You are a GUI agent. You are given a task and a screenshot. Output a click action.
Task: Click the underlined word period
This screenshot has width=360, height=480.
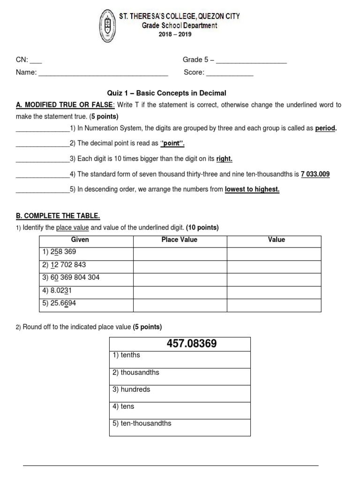click(326, 128)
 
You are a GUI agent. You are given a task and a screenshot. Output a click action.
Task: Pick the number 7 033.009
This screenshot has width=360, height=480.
click(315, 174)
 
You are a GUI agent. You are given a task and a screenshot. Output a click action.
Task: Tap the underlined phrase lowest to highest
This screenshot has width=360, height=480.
click(252, 189)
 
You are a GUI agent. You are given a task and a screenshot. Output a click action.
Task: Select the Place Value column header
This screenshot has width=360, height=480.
click(180, 240)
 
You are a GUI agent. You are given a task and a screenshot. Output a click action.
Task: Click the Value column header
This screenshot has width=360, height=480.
click(276, 240)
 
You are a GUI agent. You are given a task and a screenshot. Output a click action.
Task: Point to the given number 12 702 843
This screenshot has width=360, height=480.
click(64, 265)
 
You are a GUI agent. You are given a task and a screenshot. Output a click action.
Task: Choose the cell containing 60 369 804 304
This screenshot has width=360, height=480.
click(71, 277)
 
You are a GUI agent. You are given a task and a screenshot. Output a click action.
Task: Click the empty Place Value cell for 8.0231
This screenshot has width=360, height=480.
click(180, 291)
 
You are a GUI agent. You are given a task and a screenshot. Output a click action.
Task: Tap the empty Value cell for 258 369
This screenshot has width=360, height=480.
click(274, 254)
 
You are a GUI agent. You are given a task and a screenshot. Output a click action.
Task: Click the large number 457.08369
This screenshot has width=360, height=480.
click(192, 344)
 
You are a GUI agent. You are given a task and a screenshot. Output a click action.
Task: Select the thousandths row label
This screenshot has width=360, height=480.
click(136, 372)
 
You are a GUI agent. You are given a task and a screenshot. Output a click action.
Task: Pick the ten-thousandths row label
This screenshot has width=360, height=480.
click(142, 423)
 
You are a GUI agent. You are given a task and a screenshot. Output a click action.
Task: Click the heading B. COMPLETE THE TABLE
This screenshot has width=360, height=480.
click(58, 216)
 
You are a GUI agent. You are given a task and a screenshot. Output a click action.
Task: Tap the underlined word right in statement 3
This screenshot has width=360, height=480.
click(224, 159)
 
